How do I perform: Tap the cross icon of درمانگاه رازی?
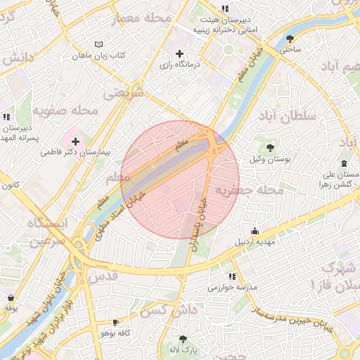(x=180, y=53)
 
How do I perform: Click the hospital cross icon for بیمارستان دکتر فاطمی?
(x=75, y=141)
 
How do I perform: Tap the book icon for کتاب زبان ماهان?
(x=98, y=44)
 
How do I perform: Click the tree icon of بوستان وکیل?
(x=270, y=148)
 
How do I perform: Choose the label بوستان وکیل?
(x=270, y=159)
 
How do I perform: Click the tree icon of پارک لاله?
(x=184, y=338)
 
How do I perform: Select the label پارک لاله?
(x=184, y=349)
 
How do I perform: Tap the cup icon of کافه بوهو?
(x=116, y=322)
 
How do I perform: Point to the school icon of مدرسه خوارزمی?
(x=233, y=276)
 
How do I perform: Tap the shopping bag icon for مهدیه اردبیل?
(x=255, y=231)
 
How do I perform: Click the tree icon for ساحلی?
(x=291, y=39)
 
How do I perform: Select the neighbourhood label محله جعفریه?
(x=249, y=191)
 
